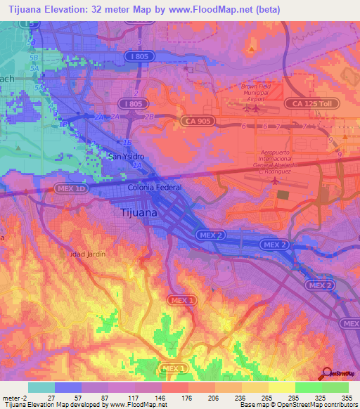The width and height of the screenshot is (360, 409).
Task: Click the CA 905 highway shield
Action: tap(199, 121)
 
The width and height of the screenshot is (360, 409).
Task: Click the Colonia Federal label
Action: tap(155, 188)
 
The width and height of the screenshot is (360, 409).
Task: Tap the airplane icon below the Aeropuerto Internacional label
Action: tap(274, 181)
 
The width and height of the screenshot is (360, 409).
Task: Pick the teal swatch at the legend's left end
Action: tap(41, 387)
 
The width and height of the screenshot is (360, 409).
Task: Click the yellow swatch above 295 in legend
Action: tap(281, 387)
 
